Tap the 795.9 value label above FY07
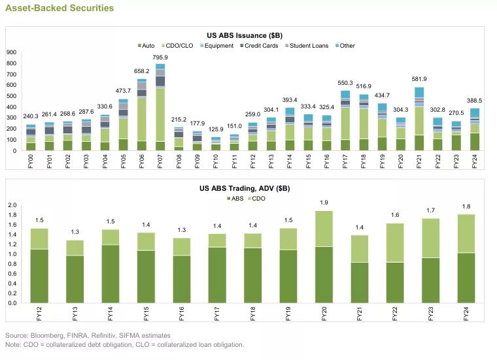coord(160,57)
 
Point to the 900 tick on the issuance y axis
coord(10,52)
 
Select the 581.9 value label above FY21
coord(419,80)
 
